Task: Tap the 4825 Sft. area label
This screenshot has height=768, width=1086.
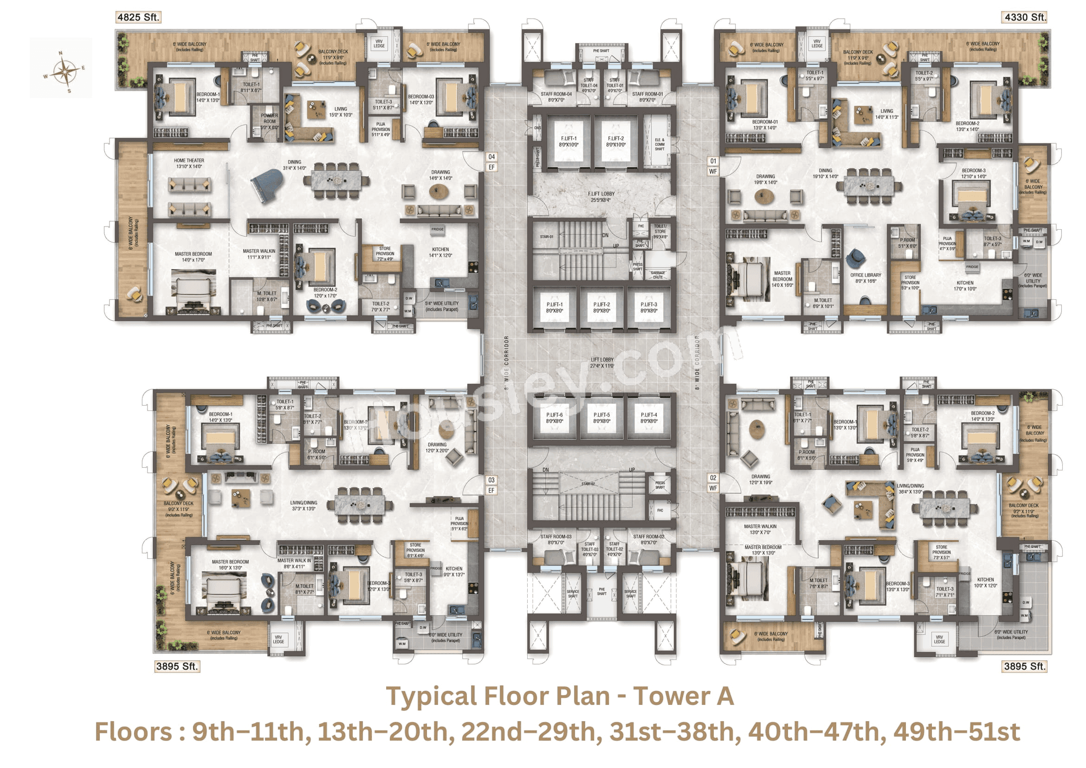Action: click(138, 18)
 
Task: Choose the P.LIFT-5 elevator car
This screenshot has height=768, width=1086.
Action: click(601, 418)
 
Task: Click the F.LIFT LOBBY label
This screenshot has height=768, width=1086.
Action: click(601, 197)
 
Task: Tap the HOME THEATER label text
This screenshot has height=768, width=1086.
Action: click(189, 163)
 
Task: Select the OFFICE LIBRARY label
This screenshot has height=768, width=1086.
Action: click(866, 278)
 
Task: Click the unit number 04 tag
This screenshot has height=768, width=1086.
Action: click(491, 157)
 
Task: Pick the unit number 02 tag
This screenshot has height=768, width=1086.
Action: click(713, 478)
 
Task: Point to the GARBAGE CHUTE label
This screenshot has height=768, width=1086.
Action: click(658, 275)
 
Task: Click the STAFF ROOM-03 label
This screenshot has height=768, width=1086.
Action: click(556, 539)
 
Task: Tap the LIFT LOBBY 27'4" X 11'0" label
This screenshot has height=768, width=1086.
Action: click(601, 363)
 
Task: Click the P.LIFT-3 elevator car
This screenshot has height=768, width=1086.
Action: click(648, 307)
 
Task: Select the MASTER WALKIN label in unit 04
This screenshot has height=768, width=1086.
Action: click(259, 254)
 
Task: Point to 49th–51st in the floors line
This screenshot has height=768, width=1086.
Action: click(957, 732)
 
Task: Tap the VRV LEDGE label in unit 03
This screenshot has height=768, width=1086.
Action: click(278, 639)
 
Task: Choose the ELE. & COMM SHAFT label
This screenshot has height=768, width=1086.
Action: click(659, 144)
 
